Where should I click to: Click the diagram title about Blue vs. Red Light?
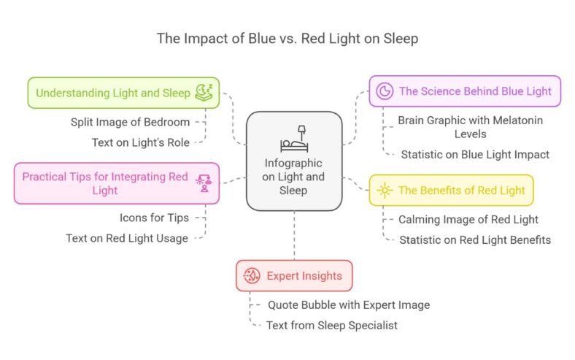click(x=287, y=39)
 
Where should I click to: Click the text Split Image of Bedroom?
click(x=130, y=122)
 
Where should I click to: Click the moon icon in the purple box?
click(x=384, y=91)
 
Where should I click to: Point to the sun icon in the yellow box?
click(x=384, y=191)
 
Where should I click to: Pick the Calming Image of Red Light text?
click(x=468, y=219)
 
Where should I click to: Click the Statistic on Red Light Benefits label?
click(x=474, y=240)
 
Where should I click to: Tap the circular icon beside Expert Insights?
click(x=252, y=276)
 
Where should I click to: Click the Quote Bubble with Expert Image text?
click(x=337, y=305)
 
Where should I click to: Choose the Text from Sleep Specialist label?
click(x=333, y=325)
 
